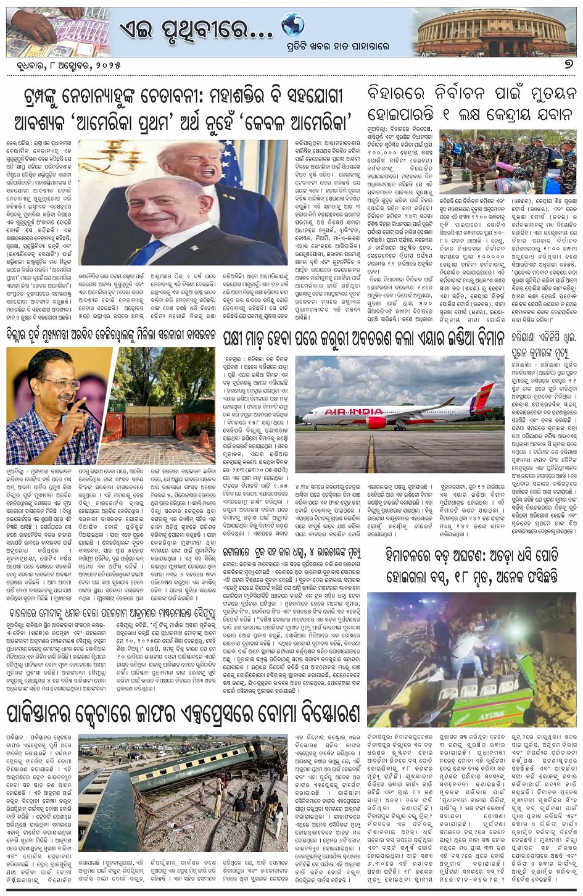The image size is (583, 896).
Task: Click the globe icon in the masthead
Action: coord(292,25)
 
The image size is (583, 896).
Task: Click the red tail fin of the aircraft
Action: coord(481,398)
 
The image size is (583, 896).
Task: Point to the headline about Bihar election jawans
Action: coord(472,104)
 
